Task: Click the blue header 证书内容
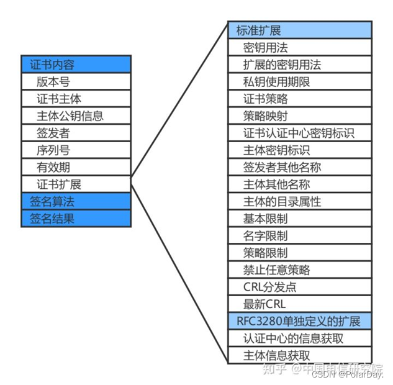pos(76,65)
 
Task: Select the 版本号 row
pos(76,81)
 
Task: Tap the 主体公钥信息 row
pos(76,115)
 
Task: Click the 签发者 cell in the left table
pos(76,133)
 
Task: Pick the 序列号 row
pos(76,150)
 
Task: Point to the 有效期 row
pos(76,167)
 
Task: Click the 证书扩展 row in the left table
pos(76,184)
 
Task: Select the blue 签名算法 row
pos(76,201)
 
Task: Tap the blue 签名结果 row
pos(76,219)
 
